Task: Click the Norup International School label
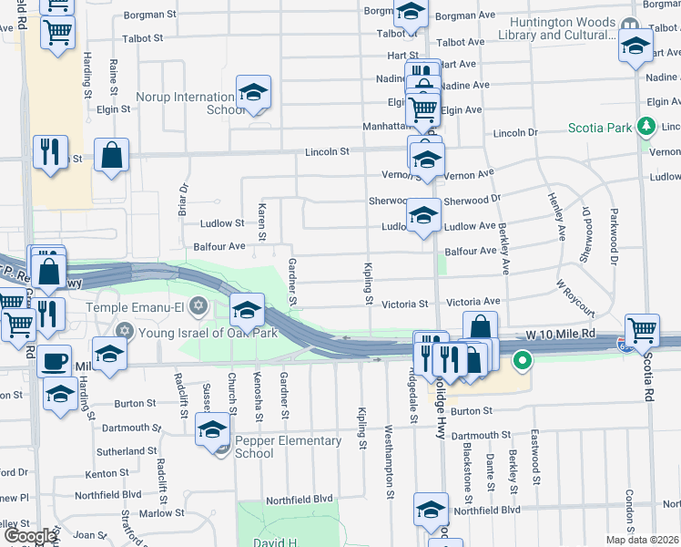(x=185, y=103)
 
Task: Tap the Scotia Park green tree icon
(x=647, y=128)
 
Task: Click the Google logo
(x=29, y=536)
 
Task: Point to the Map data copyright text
(x=643, y=540)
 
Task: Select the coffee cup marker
(x=55, y=360)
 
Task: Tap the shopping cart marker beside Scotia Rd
(x=643, y=330)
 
